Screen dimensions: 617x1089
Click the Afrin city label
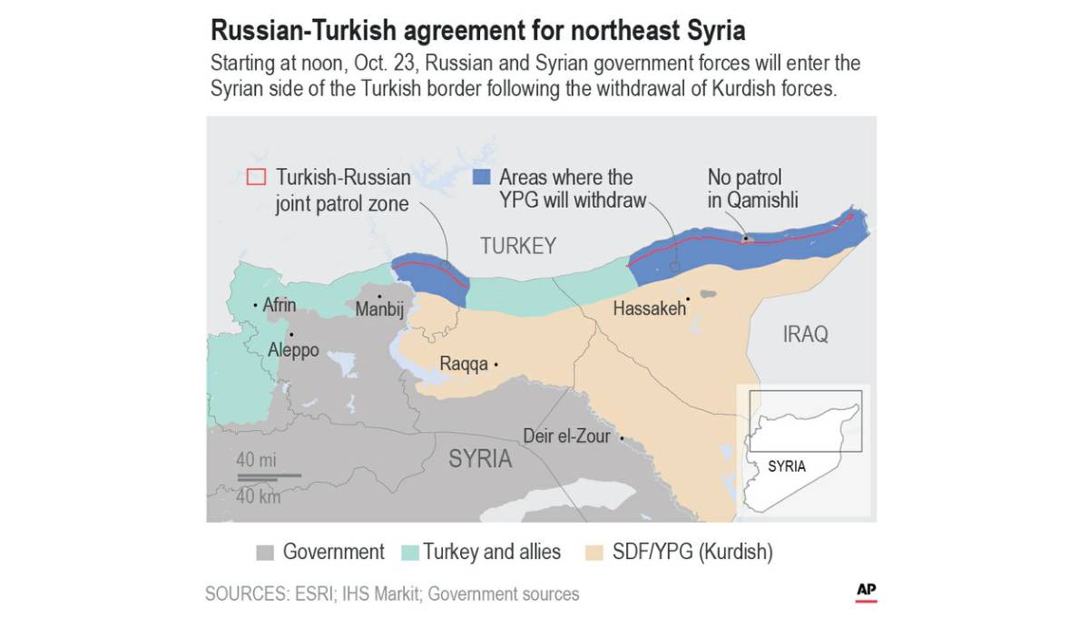pos(280,305)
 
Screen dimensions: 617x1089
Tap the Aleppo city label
pos(293,349)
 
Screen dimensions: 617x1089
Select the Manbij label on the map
pos(379,309)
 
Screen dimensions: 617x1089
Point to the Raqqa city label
pos(464,364)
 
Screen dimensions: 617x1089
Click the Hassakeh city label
pos(649,308)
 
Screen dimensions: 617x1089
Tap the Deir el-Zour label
pos(567,436)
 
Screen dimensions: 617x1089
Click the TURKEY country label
pos(518,246)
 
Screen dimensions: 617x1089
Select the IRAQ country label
pos(805,335)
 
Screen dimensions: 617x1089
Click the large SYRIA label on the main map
pos(480,459)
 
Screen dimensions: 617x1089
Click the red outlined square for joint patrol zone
pos(257,177)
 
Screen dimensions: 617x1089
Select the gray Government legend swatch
pos(265,552)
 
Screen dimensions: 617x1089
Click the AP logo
pos(866,591)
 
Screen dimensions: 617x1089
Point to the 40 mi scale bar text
pos(256,459)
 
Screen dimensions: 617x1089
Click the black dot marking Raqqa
pos(496,365)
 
